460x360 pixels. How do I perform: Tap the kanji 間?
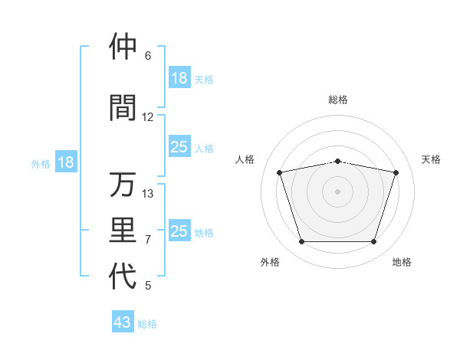[123, 107]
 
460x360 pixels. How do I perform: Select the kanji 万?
[123, 185]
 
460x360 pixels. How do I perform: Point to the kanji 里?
[123, 230]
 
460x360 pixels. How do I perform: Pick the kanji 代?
[123, 277]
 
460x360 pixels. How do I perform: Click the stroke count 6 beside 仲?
[148, 56]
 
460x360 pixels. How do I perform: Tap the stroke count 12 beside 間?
[148, 117]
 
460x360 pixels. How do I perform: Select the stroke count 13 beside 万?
[148, 194]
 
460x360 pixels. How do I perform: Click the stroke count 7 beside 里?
[148, 240]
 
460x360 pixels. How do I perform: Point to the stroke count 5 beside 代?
[148, 286]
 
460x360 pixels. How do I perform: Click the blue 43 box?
[123, 322]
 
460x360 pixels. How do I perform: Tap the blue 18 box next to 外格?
[65, 162]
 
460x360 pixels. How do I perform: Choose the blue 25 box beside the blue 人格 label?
[179, 147]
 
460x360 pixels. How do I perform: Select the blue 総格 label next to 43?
[147, 324]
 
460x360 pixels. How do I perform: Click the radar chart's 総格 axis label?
[338, 100]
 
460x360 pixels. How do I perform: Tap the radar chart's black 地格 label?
[402, 262]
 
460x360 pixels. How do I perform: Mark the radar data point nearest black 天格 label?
[396, 172]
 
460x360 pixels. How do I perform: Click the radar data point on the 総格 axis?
[338, 161]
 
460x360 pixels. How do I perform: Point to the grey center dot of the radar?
[338, 191]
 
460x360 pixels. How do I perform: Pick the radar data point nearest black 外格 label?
[302, 241]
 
